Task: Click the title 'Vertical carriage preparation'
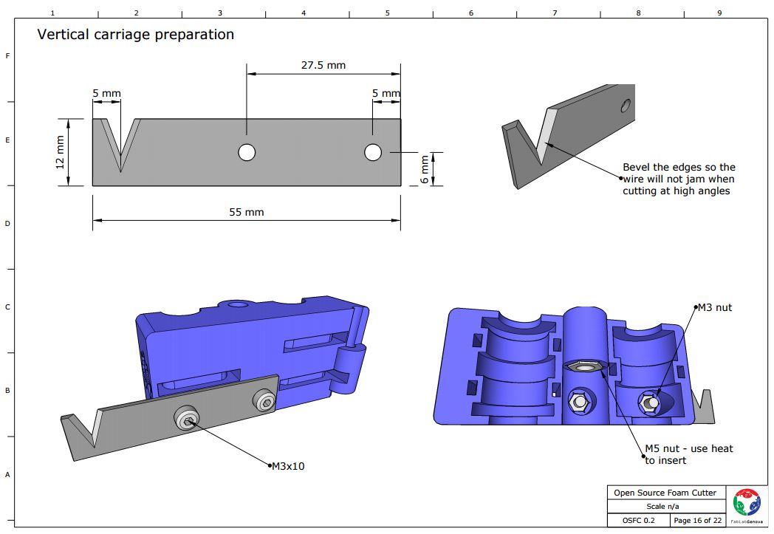[x=135, y=35]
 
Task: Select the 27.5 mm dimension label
[x=323, y=65]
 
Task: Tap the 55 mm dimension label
[x=246, y=212]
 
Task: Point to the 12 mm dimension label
[x=61, y=151]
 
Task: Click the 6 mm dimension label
[x=424, y=169]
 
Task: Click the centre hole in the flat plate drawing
[x=247, y=152]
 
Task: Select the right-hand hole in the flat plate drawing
[x=373, y=152]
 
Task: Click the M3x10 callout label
[x=288, y=466]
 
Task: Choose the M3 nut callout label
[x=714, y=307]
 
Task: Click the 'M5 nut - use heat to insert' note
[x=688, y=454]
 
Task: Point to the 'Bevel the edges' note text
[x=679, y=179]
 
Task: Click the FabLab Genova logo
[x=745, y=505]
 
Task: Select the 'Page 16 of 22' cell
[x=698, y=521]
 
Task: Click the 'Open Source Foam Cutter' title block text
[x=665, y=493]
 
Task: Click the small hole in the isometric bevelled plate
[x=626, y=106]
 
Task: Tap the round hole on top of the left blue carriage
[x=238, y=304]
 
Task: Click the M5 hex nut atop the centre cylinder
[x=583, y=366]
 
